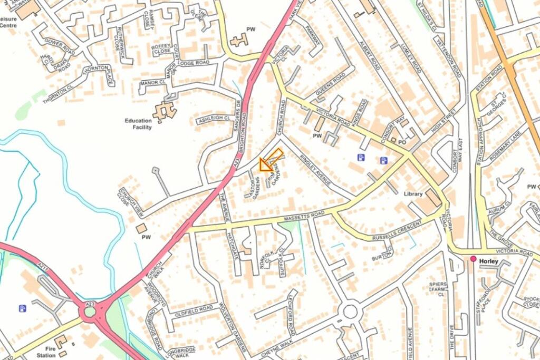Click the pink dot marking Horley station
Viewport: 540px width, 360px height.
(474, 259)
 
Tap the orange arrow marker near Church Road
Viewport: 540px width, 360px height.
(270, 161)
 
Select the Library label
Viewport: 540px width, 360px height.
(413, 194)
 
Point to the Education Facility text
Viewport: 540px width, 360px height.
(138, 124)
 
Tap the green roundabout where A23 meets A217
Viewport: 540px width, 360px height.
(90, 312)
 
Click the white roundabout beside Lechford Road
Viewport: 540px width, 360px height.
(350, 312)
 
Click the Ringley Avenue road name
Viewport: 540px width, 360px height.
(314, 170)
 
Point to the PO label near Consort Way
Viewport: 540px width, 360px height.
(402, 142)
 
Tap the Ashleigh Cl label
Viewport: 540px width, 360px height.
(214, 120)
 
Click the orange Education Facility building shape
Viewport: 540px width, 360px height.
(165, 110)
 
